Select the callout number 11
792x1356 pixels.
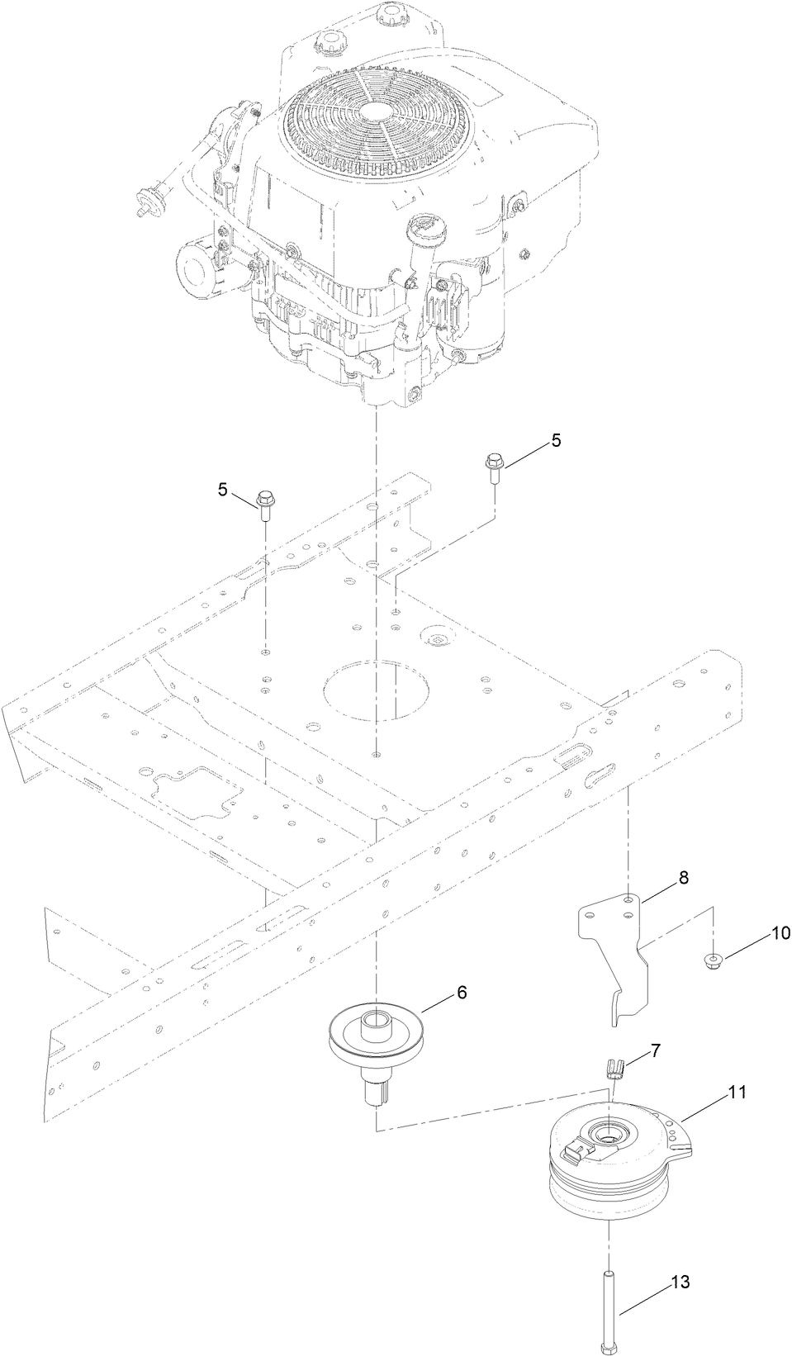click(x=737, y=1092)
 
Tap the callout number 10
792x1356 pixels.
click(x=780, y=933)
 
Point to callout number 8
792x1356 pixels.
click(x=683, y=878)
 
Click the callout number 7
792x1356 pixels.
click(x=655, y=1050)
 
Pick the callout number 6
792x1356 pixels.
click(x=462, y=992)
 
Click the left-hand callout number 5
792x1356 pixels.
click(x=223, y=490)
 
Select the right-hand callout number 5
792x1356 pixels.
click(x=556, y=441)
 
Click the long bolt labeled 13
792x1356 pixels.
click(x=608, y=1304)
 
